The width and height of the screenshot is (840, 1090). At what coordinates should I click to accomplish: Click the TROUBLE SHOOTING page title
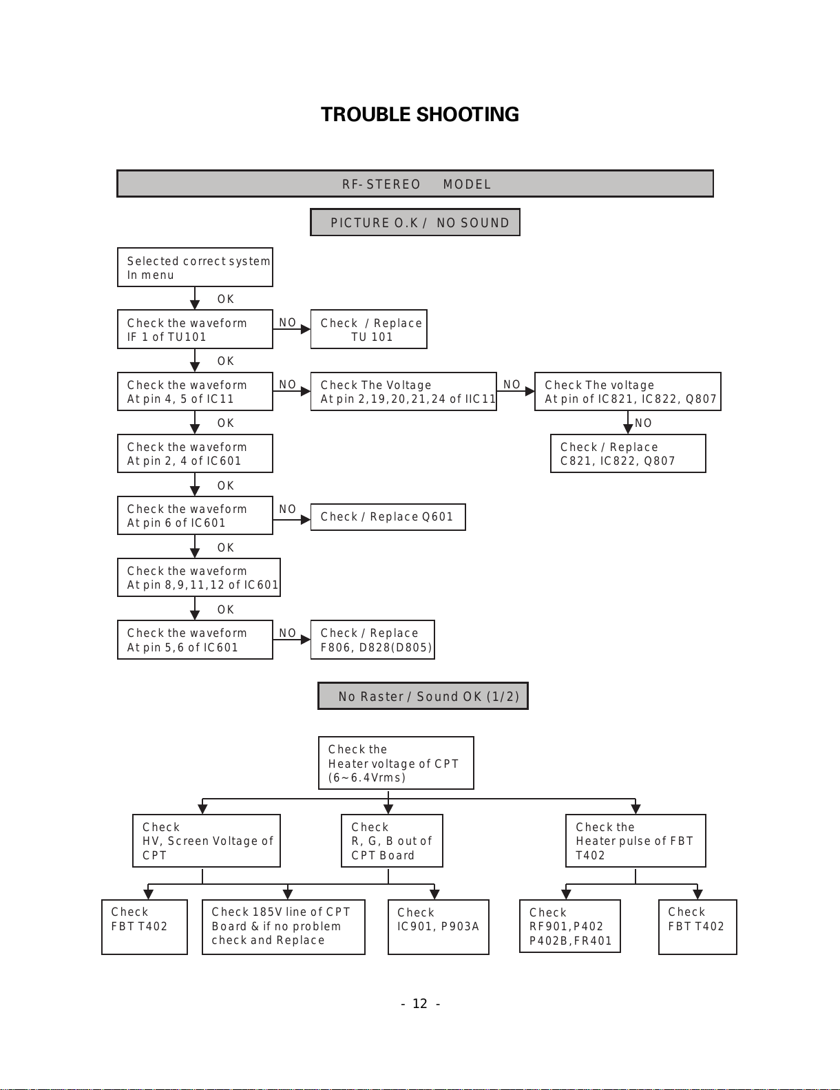click(420, 114)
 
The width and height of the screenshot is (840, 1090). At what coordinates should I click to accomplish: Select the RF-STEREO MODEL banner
click(415, 184)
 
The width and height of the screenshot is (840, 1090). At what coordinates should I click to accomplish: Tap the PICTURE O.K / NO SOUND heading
click(415, 222)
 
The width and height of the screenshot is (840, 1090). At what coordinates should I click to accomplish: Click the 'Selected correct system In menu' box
click(195, 267)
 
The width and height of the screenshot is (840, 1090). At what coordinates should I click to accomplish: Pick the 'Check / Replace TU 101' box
click(369, 329)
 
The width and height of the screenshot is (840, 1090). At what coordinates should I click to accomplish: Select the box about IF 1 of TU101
click(195, 329)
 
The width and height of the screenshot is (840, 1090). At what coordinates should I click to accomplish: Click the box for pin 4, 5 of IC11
click(195, 391)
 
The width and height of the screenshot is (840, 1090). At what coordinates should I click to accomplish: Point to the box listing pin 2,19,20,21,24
click(403, 391)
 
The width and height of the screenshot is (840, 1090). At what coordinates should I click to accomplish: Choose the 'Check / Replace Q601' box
click(388, 516)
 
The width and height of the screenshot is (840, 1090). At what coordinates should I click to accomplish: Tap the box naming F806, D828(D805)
click(372, 640)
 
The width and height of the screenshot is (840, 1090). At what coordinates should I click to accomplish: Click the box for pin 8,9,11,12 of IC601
click(199, 577)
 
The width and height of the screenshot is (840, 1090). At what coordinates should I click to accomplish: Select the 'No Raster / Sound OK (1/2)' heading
click(423, 695)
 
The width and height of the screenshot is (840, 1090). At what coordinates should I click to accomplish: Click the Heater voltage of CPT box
click(396, 763)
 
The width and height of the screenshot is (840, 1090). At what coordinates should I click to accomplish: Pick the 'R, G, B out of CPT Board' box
click(392, 841)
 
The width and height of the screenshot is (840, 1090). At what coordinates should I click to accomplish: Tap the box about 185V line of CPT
click(284, 927)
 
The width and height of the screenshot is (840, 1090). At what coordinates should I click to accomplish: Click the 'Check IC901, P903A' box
click(439, 927)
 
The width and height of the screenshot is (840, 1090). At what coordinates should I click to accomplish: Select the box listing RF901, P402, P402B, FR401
click(570, 926)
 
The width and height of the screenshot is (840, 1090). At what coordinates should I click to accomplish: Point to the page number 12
click(420, 1003)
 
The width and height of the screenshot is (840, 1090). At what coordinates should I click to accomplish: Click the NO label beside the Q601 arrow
click(287, 509)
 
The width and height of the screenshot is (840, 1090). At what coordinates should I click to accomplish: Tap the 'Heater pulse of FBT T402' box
click(636, 841)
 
